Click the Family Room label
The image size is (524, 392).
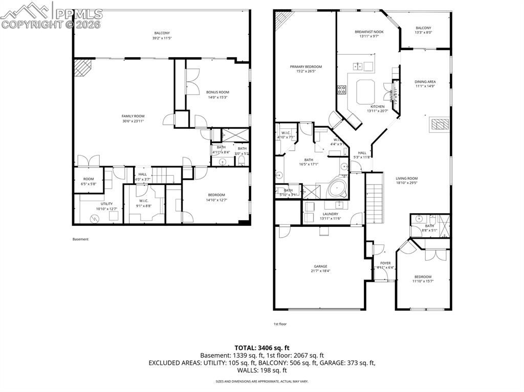[x=133, y=116]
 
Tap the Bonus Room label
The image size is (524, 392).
[x=217, y=92]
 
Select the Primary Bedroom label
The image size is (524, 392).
[x=306, y=66]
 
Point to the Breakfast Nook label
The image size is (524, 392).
[x=369, y=32]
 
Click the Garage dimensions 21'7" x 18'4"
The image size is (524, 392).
[x=320, y=271]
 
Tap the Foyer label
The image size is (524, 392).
[x=385, y=263]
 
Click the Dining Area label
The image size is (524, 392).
[x=425, y=82]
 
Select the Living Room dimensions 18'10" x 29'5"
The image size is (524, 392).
[x=407, y=183]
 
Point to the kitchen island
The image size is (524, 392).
[x=366, y=91]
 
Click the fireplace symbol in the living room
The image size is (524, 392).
[x=439, y=125]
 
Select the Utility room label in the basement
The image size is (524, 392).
[x=106, y=204]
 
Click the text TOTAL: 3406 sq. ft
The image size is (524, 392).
[x=261, y=347]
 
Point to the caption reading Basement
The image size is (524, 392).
[x=80, y=239]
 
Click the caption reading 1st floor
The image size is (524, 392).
[x=280, y=324]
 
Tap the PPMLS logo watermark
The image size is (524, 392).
[x=51, y=15]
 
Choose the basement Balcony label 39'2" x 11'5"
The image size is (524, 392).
[x=162, y=35]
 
